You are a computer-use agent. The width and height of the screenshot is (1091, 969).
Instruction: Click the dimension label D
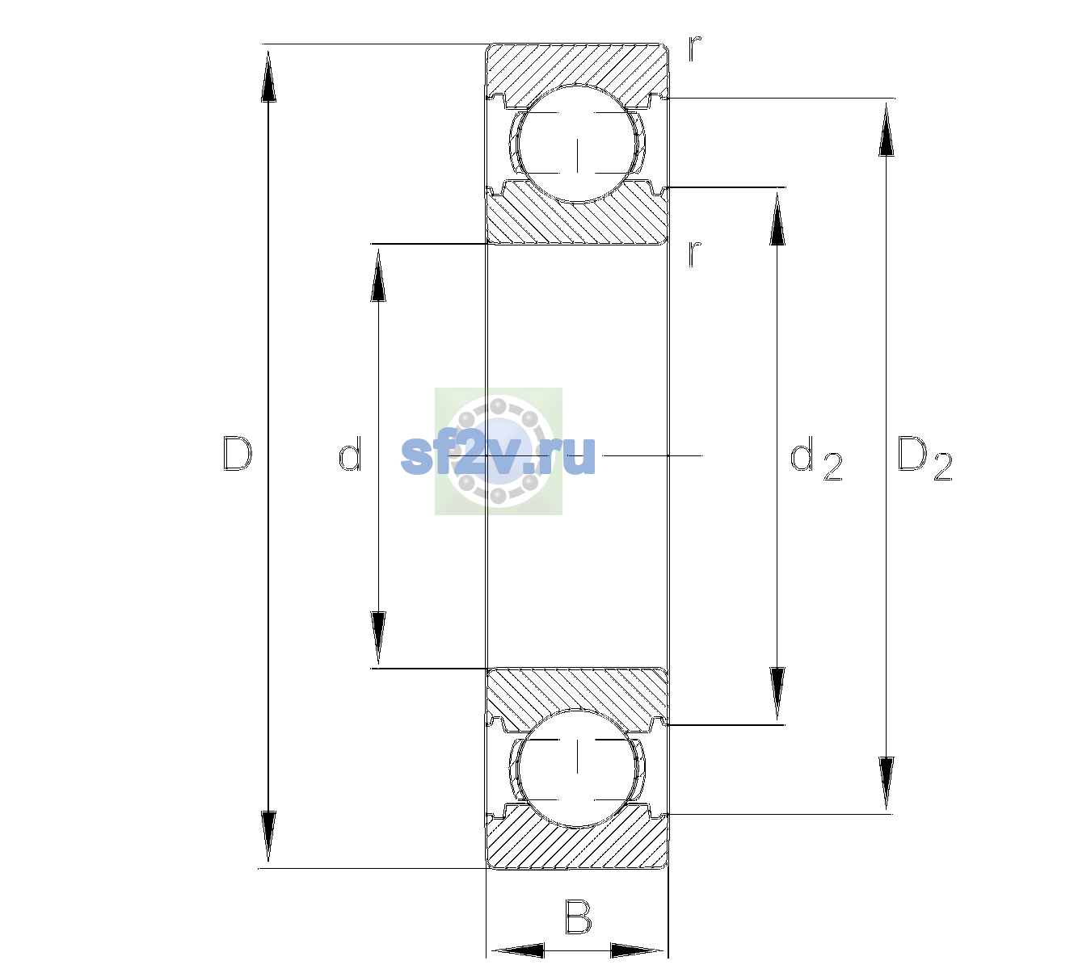pyautogui.click(x=237, y=454)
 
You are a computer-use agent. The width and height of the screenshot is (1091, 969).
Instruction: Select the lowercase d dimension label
pyautogui.click(x=349, y=454)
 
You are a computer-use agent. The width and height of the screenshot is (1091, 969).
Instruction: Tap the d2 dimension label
pyautogui.click(x=815, y=458)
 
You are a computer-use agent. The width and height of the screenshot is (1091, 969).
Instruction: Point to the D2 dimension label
pyautogui.click(x=925, y=458)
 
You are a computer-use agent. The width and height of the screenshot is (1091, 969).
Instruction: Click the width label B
pyautogui.click(x=578, y=917)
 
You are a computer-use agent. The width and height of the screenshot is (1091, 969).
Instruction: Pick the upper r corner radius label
pyautogui.click(x=695, y=48)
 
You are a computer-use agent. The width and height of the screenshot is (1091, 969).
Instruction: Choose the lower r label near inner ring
pyautogui.click(x=695, y=254)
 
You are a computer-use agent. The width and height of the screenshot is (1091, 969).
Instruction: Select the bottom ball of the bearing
pyautogui.click(x=577, y=768)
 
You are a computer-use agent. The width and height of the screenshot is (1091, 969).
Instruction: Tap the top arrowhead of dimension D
pyautogui.click(x=269, y=75)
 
